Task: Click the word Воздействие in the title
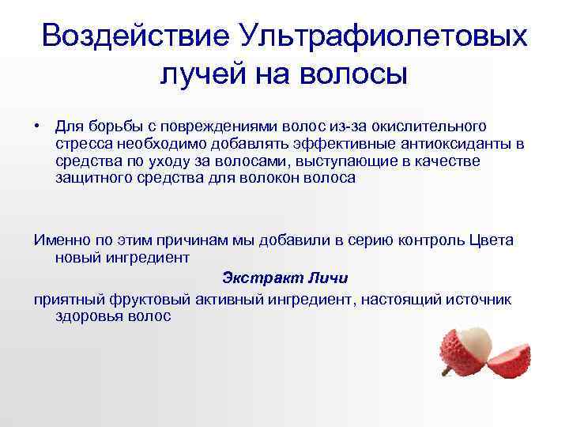click(134, 36)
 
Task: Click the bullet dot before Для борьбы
click(37, 126)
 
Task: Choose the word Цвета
click(489, 240)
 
